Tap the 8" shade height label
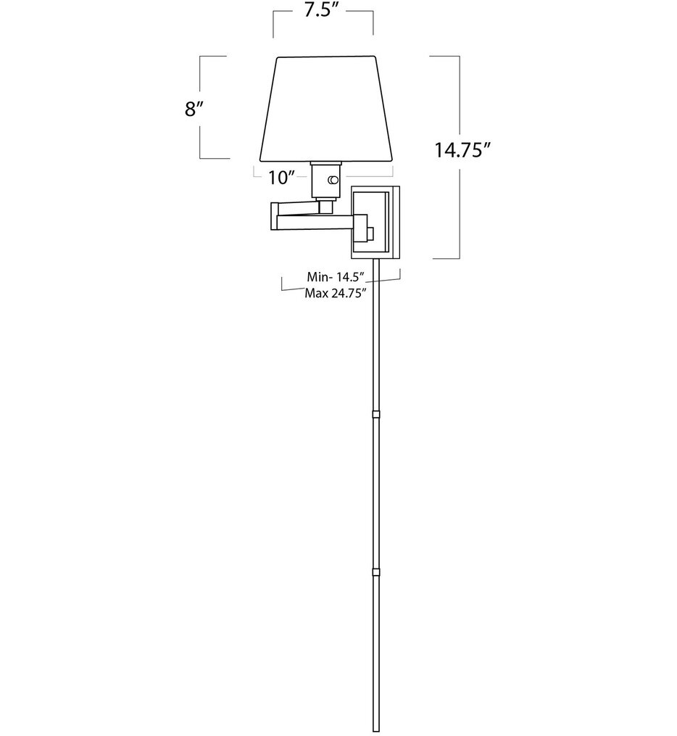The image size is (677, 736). tap(192, 109)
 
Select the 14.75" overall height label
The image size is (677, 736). tap(464, 150)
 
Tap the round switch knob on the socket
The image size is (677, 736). tap(333, 179)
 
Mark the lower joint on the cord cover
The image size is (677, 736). tap(375, 572)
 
